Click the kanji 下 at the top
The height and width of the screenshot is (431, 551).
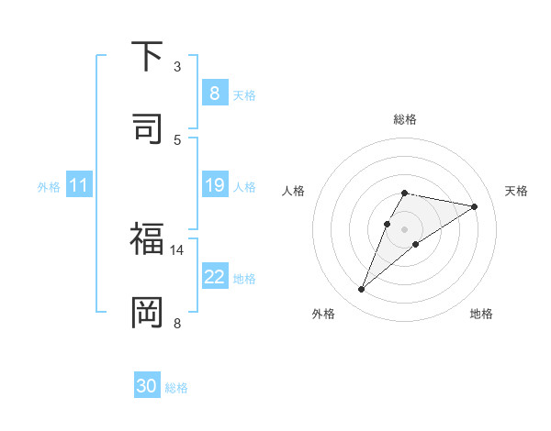click(x=147, y=57)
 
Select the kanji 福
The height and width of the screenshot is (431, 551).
click(x=147, y=240)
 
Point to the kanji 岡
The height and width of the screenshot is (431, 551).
click(x=147, y=312)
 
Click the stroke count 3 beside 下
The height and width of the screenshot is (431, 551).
click(x=177, y=67)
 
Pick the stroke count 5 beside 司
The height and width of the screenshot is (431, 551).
click(x=177, y=138)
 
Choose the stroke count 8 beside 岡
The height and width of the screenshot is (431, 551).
click(x=177, y=322)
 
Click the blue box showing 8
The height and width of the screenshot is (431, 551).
click(x=214, y=93)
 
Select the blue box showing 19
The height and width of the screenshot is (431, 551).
click(x=214, y=186)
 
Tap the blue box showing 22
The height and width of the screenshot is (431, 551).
click(x=214, y=276)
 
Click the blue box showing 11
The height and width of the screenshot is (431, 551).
click(x=79, y=186)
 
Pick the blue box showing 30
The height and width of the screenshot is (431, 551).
click(x=147, y=386)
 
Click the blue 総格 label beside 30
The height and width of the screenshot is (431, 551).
click(x=176, y=388)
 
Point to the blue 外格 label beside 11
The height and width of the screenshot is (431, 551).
click(x=49, y=187)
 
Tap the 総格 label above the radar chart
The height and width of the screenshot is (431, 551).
click(x=404, y=119)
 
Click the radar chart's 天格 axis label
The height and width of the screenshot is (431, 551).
click(x=516, y=191)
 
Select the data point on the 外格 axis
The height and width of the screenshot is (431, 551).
click(x=361, y=290)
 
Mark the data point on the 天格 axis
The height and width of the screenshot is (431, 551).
click(x=474, y=206)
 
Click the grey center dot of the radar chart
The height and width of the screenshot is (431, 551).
click(x=404, y=229)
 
